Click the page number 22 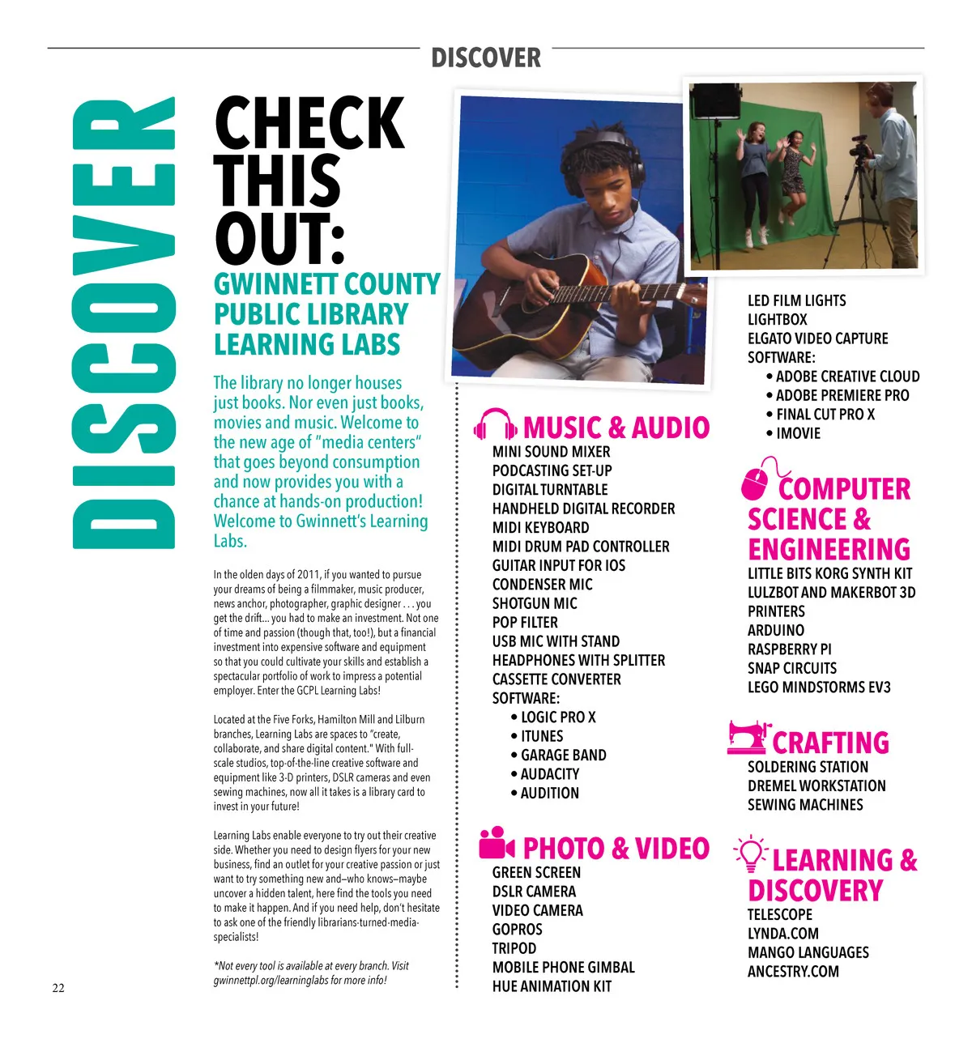pyautogui.click(x=58, y=987)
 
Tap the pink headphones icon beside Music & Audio pyautogui.click(x=495, y=425)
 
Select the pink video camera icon pyautogui.click(x=497, y=844)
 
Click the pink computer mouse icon pyautogui.click(x=757, y=481)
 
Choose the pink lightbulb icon pyautogui.click(x=751, y=854)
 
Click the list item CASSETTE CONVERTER pyautogui.click(x=556, y=679)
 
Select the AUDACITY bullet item pyautogui.click(x=549, y=774)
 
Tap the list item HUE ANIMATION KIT pyautogui.click(x=552, y=986)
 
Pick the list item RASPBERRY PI pyautogui.click(x=789, y=649)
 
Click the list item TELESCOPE pyautogui.click(x=779, y=914)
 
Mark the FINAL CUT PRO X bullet pyautogui.click(x=825, y=415)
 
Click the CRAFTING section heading pyautogui.click(x=830, y=743)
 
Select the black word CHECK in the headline pyautogui.click(x=309, y=124)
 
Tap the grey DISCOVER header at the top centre pyautogui.click(x=486, y=58)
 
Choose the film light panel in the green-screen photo pyautogui.click(x=715, y=100)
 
